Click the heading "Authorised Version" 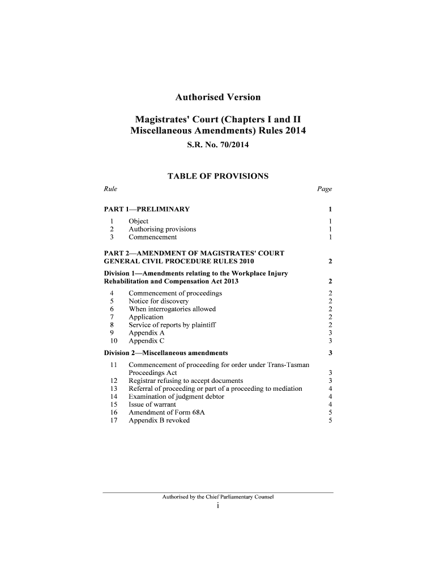pyautogui.click(x=217, y=97)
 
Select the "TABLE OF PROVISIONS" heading pyautogui.click(x=217, y=177)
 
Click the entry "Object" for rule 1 pyautogui.click(x=139, y=221)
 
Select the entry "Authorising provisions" pyautogui.click(x=163, y=229)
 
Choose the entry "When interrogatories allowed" pyautogui.click(x=172, y=309)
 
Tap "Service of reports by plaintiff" pyautogui.click(x=172, y=325)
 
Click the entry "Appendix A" pyautogui.click(x=147, y=333)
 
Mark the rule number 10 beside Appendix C pyautogui.click(x=113, y=341)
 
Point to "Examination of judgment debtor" pyautogui.click(x=176, y=396)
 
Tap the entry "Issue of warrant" pyautogui.click(x=152, y=404)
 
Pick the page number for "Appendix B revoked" pyautogui.click(x=330, y=420)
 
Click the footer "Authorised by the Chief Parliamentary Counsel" pyautogui.click(x=217, y=497)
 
